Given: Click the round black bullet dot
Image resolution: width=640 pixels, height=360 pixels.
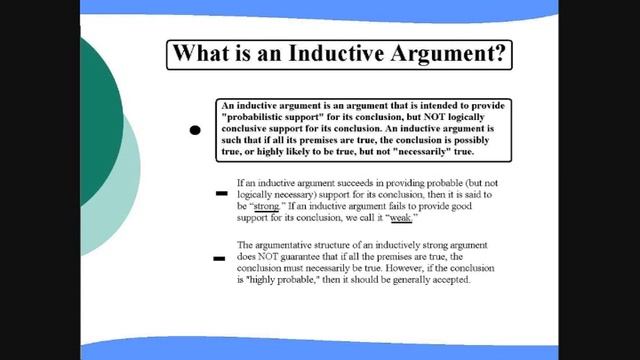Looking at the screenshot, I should pos(196,130).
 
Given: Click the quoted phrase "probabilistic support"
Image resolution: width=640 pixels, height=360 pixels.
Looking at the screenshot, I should pos(275,119).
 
